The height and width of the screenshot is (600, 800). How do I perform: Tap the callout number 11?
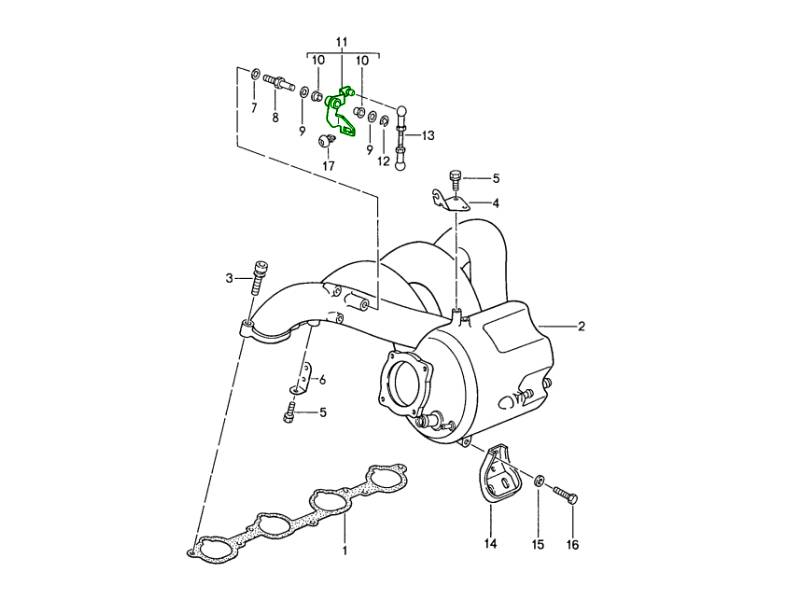[342, 41]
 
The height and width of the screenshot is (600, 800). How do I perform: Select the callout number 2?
[581, 326]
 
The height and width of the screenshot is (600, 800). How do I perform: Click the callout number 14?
[490, 544]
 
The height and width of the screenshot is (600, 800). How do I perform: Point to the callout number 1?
[345, 551]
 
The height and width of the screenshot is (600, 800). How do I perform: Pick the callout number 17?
[329, 166]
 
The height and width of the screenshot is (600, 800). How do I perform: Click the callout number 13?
[428, 136]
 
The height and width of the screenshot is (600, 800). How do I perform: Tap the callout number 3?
[230, 278]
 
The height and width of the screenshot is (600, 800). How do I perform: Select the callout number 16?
[572, 545]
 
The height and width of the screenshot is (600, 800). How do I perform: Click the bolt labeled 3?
[260, 278]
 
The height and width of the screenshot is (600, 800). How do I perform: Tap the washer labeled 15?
[539, 480]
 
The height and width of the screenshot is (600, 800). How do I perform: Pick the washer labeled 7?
[255, 75]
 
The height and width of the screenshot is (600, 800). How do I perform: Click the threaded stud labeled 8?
[279, 83]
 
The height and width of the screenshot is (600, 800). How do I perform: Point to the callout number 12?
[384, 161]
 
